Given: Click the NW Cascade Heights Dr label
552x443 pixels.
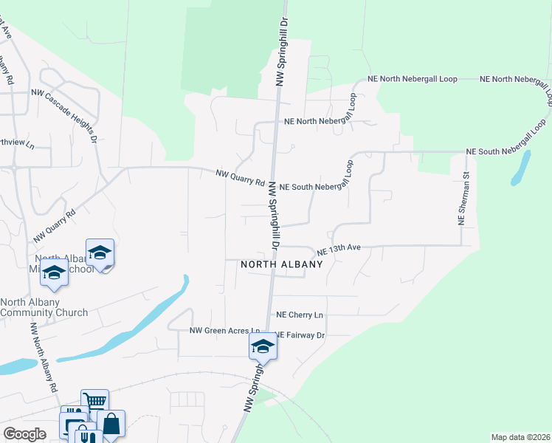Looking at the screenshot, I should (x=64, y=114).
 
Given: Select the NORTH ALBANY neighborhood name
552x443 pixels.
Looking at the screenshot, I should (x=282, y=264).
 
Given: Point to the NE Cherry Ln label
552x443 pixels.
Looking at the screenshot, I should (x=300, y=315).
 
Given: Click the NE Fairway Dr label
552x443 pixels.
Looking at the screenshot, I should (x=300, y=335).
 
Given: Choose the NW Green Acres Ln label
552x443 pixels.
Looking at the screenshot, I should (x=225, y=331).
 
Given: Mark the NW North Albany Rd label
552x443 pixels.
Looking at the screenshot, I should (x=43, y=357).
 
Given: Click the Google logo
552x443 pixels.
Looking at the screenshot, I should (x=24, y=434).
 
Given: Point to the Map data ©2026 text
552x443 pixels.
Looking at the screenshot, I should (x=520, y=437).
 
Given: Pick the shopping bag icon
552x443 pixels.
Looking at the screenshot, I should (x=111, y=424).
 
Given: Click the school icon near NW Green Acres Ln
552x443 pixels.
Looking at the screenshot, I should (x=263, y=345).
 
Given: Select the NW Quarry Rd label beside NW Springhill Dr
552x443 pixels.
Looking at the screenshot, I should (x=241, y=178).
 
